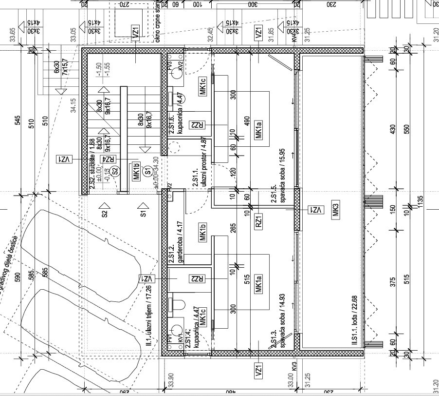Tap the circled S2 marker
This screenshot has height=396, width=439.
(115, 171)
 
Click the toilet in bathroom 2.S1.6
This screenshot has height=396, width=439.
(174, 97)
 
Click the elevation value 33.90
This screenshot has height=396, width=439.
(170, 379)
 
